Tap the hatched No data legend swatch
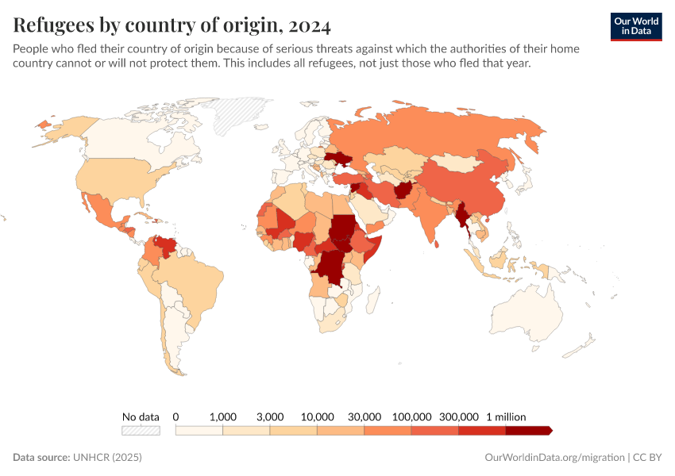141,430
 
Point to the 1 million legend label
506,416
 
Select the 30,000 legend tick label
364,416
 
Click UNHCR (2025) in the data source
107,458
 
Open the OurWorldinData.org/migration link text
553,458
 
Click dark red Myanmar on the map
462,218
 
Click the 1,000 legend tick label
222,416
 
